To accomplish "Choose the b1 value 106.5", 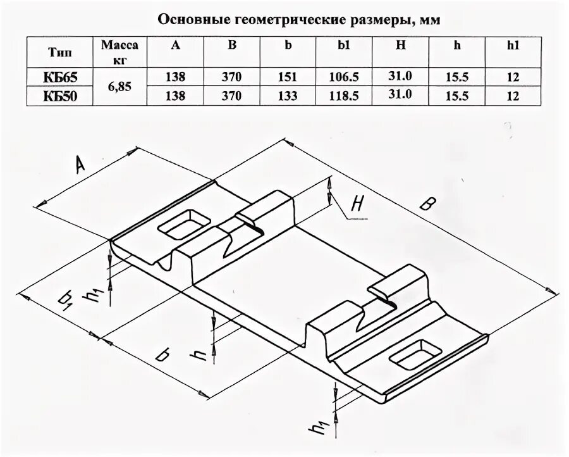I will click(345, 77).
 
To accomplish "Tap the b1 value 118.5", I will click(345, 96).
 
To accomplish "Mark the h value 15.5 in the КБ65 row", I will click(456, 77).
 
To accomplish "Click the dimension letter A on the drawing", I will click(80, 165).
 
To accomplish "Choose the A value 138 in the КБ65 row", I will click(176, 77).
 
